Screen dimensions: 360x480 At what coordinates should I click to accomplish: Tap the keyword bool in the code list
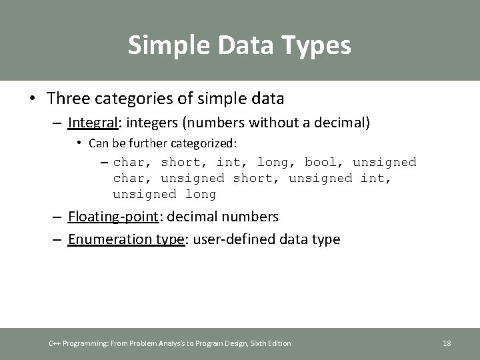(x=321, y=162)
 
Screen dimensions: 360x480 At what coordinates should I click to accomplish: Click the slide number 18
(x=447, y=343)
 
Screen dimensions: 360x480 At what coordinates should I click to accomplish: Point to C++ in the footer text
(x=55, y=343)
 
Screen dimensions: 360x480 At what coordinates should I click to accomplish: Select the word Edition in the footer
(x=279, y=343)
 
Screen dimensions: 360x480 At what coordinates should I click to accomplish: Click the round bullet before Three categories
(x=33, y=99)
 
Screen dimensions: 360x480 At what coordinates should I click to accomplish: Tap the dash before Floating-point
(x=57, y=217)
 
